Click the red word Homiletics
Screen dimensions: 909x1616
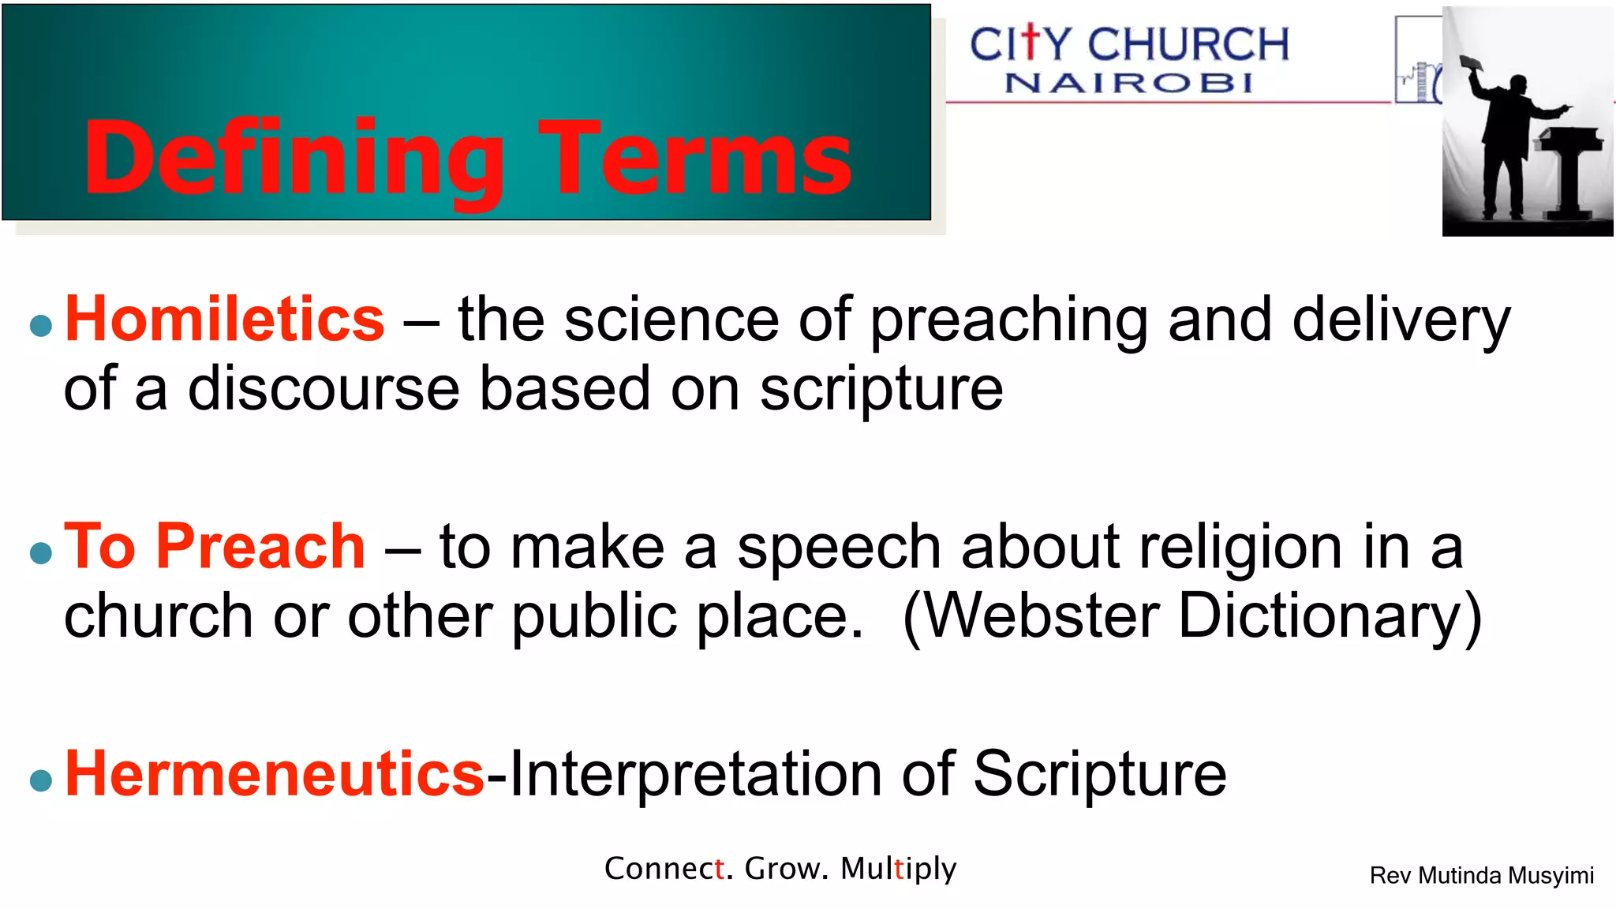[x=224, y=320]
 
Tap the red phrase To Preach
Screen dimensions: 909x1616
[x=215, y=547]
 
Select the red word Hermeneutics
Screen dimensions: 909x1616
[x=274, y=774]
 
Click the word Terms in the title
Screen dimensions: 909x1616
[x=694, y=158]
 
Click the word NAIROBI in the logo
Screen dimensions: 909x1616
[x=1128, y=83]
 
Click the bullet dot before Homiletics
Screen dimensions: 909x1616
[x=40, y=325]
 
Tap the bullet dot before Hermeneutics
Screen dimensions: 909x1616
[x=40, y=780]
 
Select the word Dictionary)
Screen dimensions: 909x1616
[x=1330, y=616]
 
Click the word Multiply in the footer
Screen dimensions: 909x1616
[x=898, y=869]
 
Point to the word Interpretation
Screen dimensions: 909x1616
[x=695, y=774]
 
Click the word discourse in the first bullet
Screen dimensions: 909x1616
[x=324, y=389]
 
